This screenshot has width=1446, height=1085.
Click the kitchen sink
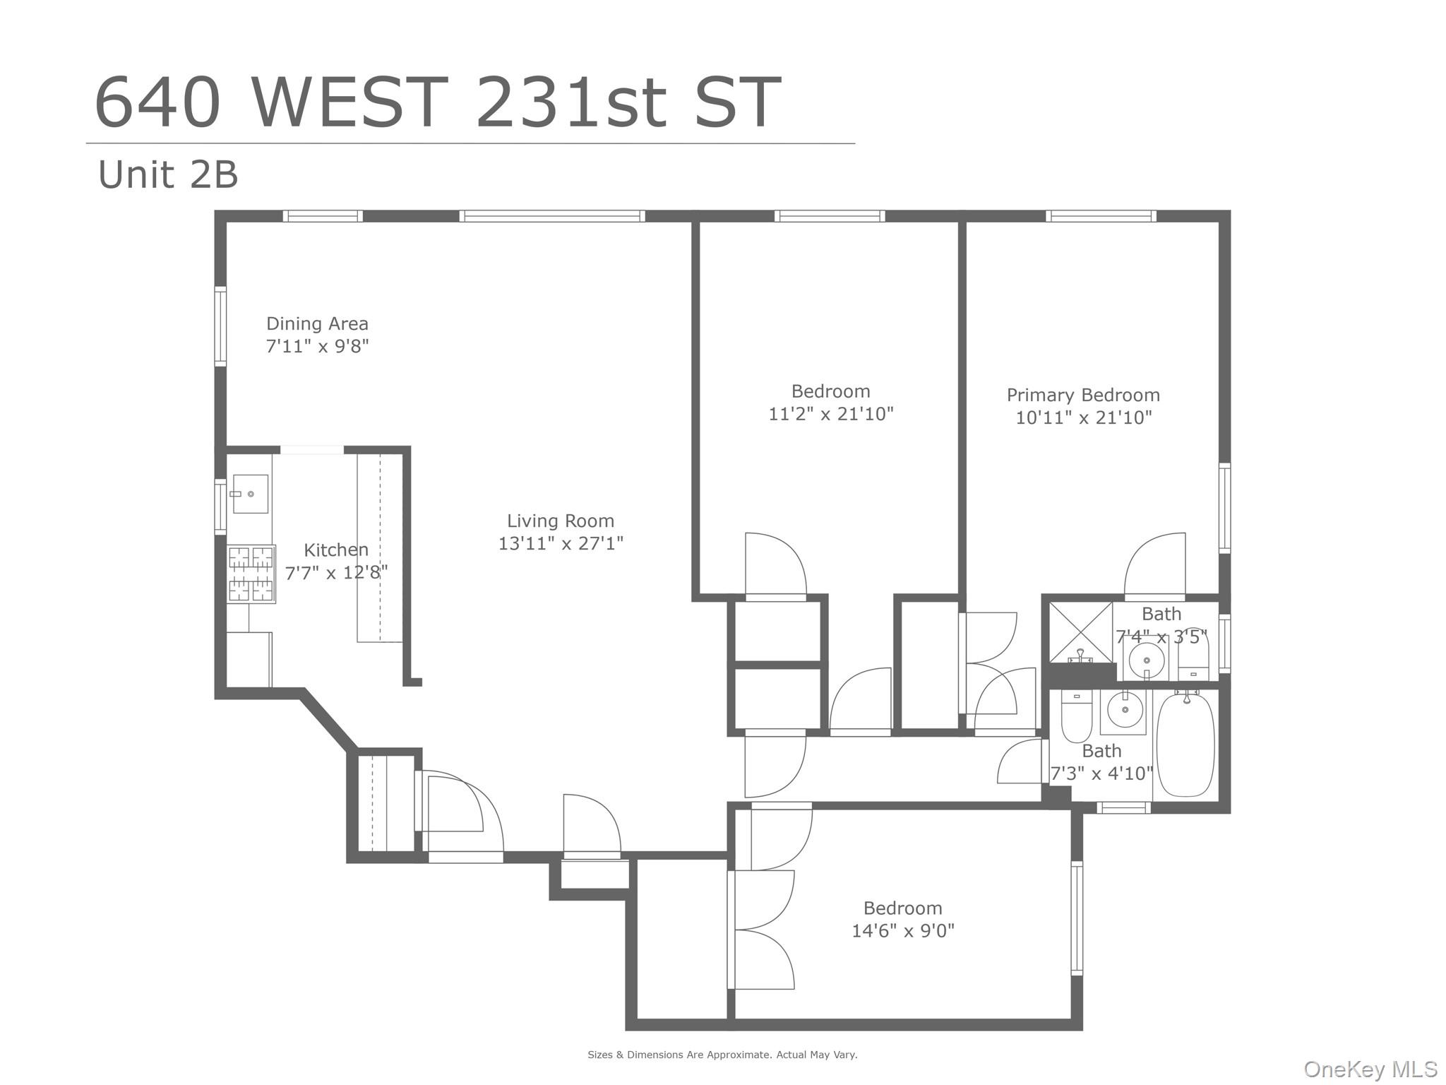tap(250, 494)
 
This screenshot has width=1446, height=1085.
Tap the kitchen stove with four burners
tap(251, 574)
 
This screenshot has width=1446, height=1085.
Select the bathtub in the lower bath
tap(1185, 745)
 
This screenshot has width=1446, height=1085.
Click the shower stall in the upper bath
tap(1080, 632)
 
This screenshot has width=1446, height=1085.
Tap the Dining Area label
tap(317, 324)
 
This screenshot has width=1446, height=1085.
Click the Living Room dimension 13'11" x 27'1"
tap(561, 543)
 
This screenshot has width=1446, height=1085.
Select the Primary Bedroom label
tap(1083, 395)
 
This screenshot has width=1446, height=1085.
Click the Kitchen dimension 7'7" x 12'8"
tap(336, 572)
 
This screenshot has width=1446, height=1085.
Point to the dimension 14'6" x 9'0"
tap(902, 930)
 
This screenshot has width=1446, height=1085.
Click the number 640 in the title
tap(157, 103)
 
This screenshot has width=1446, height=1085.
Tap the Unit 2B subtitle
tap(168, 174)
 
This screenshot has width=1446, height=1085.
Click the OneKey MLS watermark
tap(1370, 1069)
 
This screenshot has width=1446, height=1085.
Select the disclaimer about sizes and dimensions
tap(722, 1055)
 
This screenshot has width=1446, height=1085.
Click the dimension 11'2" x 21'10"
tap(830, 414)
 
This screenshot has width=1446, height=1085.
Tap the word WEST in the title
tap(350, 103)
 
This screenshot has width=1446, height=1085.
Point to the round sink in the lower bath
tap(1125, 709)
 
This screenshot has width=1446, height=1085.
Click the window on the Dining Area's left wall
tap(220, 326)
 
